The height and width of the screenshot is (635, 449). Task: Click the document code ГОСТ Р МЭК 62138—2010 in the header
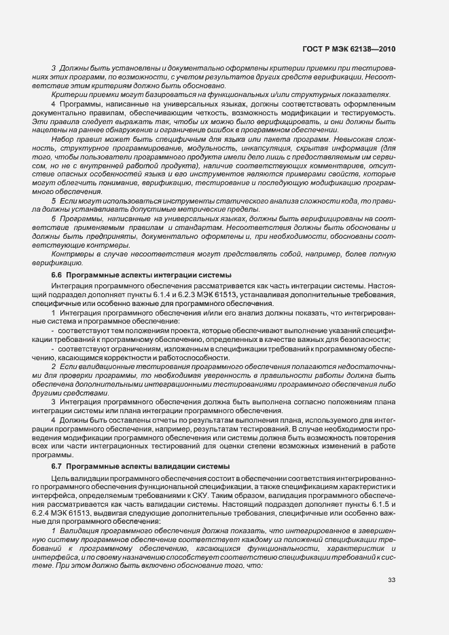[x=348, y=50]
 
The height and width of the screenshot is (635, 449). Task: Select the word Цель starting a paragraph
[x=62, y=479]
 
